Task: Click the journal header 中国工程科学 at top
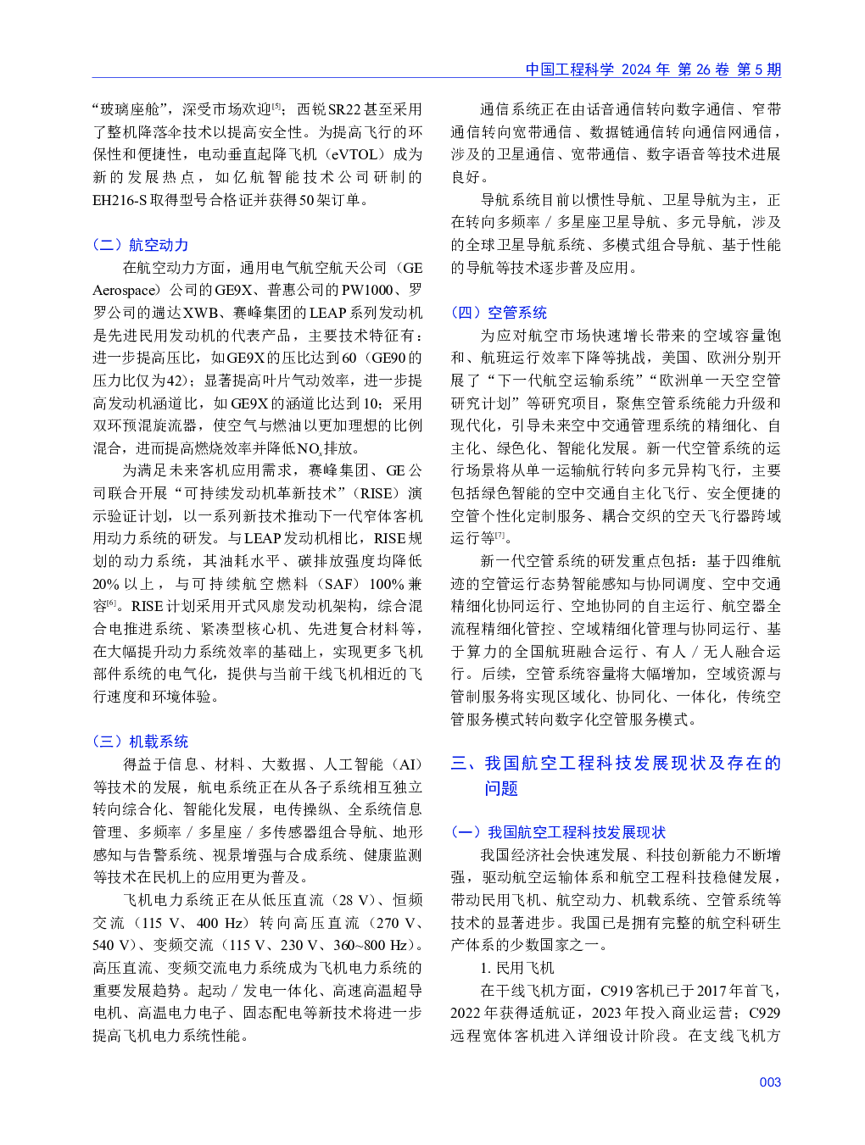pos(569,69)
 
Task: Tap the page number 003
pos(769,1081)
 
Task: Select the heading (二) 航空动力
pos(141,245)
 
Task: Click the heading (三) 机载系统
pos(141,742)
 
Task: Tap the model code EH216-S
pos(120,200)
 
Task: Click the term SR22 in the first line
pos(344,109)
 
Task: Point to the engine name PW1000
pos(367,290)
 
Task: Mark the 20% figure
pos(106,584)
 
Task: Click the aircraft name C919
pos(619,991)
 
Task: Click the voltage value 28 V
pos(357,900)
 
